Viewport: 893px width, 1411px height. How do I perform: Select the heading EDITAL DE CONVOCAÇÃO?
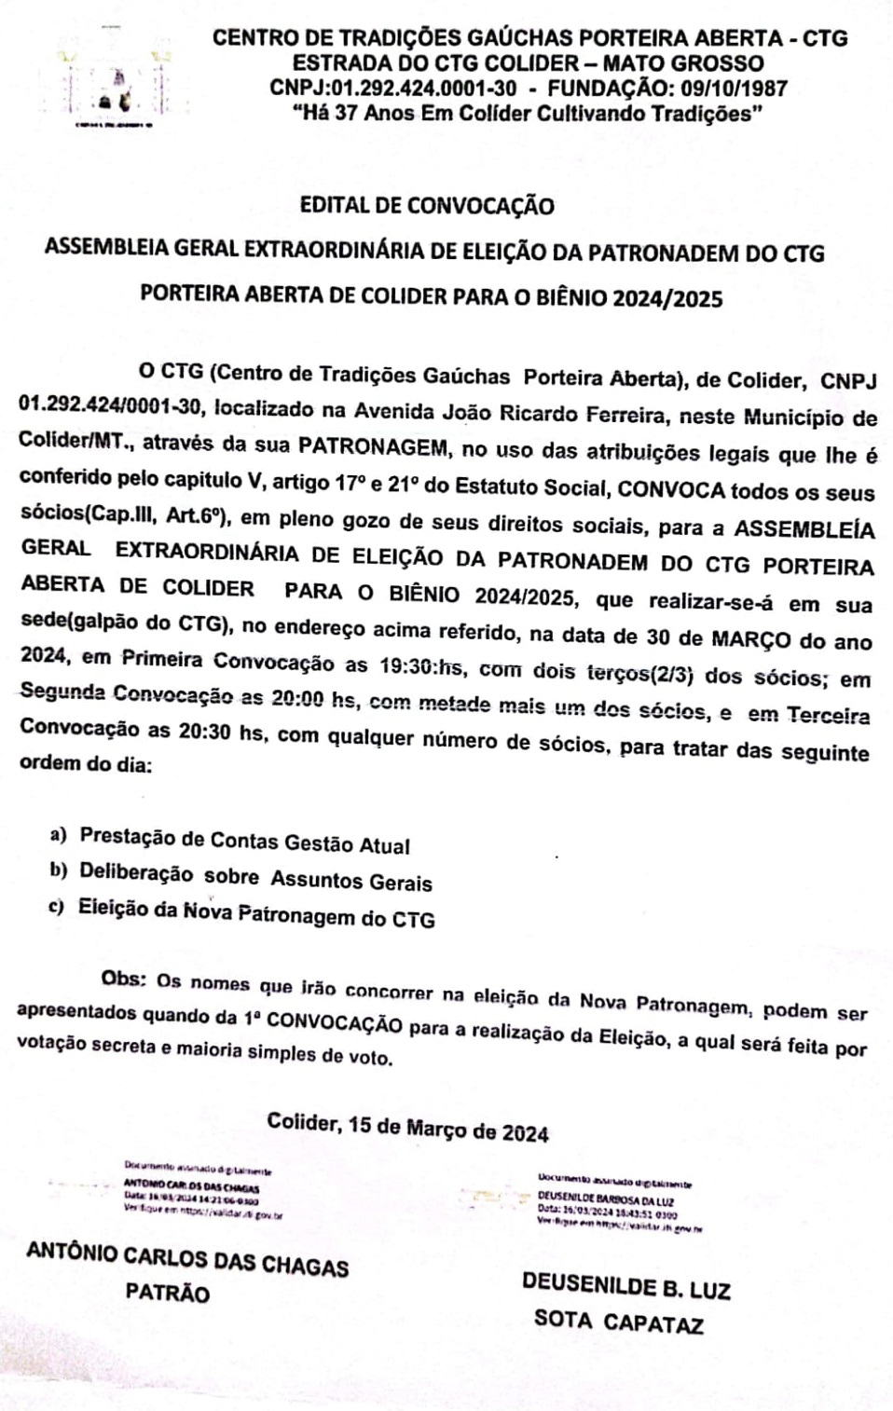click(427, 206)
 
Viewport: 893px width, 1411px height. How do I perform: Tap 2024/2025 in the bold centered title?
click(666, 298)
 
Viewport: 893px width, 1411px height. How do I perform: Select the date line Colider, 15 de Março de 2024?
click(407, 1127)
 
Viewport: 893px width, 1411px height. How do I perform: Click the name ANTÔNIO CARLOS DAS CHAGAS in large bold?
click(187, 1259)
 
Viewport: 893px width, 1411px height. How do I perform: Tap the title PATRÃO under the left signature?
click(168, 1293)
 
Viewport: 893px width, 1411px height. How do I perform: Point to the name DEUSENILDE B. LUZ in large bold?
click(625, 1286)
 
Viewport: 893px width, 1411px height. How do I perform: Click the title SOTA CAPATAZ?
click(618, 1322)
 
